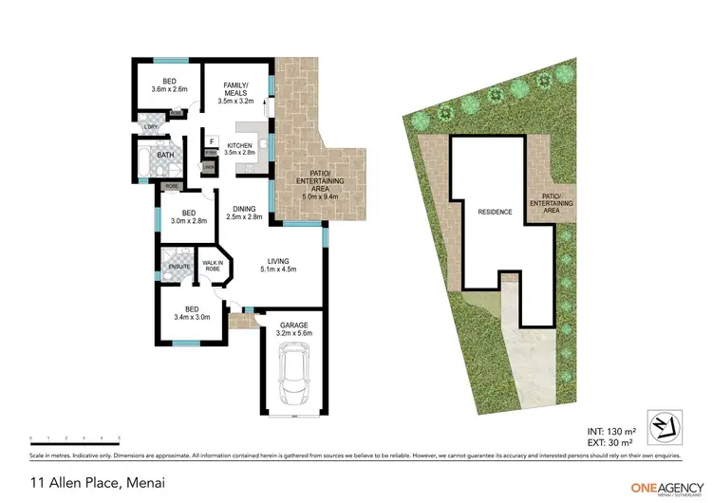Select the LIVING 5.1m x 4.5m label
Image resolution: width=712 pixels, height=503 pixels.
pos(277,263)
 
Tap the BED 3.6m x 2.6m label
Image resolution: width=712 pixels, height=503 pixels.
pos(170,84)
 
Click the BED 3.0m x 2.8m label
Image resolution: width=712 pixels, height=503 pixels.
pos(189,217)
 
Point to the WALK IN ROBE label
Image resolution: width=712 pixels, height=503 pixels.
pos(213,266)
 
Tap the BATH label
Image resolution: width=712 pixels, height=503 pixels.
pos(165,155)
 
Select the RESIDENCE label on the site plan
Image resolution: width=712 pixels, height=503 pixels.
pos(495,212)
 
